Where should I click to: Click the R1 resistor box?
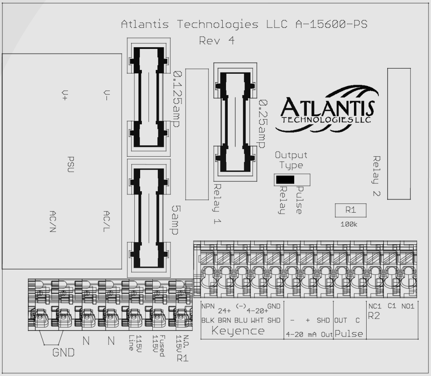coord(351,210)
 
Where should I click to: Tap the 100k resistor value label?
coord(349,224)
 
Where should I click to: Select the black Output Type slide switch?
coord(285,180)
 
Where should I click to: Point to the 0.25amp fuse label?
coord(263,123)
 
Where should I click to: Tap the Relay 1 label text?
coord(217,204)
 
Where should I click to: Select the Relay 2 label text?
coord(376,176)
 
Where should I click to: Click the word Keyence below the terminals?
coord(238,331)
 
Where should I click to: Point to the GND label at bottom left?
coord(63,352)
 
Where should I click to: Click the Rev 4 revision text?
coord(217,41)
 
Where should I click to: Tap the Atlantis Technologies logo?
coord(327,105)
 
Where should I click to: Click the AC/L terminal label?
coord(107,221)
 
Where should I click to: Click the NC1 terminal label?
coord(374,306)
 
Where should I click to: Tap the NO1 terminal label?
coord(407,306)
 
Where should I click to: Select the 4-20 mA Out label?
coord(309,335)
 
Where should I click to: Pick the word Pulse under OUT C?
coord(349,334)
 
